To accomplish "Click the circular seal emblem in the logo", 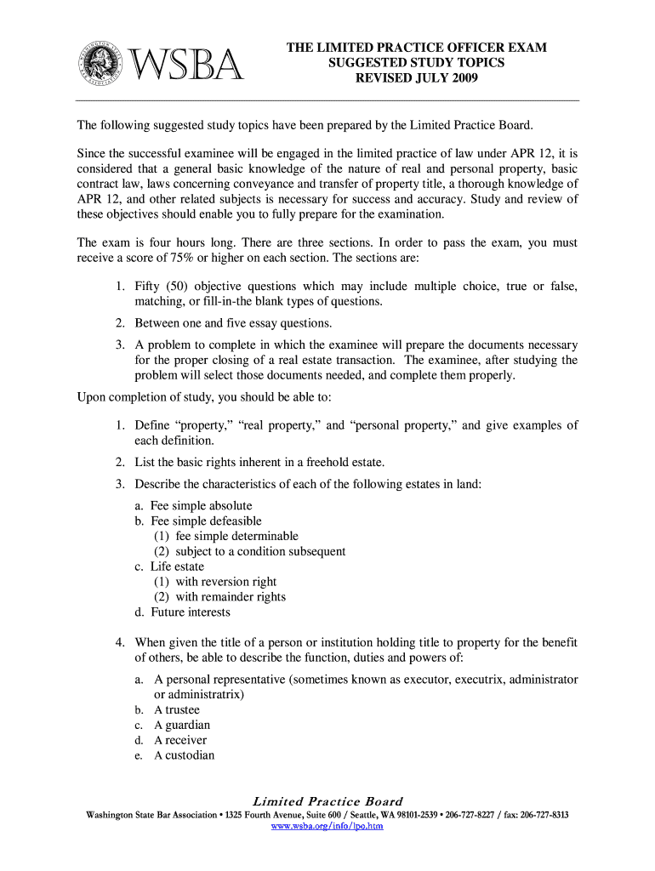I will pos(103,64).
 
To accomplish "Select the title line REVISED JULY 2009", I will pos(416,79).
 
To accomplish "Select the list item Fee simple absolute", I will pos(201,505).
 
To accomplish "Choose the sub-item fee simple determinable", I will pos(236,536).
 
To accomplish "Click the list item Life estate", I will pos(177,566).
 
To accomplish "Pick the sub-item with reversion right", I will pos(225,582).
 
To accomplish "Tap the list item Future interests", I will pos(191,612).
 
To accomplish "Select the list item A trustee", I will pos(177,710).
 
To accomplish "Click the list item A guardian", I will pos(182,726).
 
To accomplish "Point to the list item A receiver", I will pos(180,741).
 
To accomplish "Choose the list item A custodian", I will pos(185,756).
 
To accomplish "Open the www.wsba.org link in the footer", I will pos(327,826).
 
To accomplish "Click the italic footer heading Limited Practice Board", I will pos(327,801).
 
